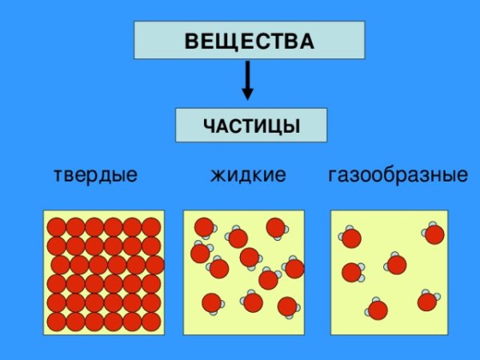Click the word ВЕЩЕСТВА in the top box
point(249,40)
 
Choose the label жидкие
point(248,174)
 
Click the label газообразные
point(398,174)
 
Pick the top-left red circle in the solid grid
point(57,227)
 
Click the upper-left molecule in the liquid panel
point(204,226)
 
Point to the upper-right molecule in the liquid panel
point(276,227)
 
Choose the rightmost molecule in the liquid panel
point(294,268)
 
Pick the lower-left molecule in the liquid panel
point(211,302)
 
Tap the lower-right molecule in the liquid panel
point(287,306)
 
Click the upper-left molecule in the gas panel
point(351,238)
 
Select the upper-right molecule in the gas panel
point(434,234)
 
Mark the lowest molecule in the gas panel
point(378,310)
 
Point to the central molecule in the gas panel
point(396,264)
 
